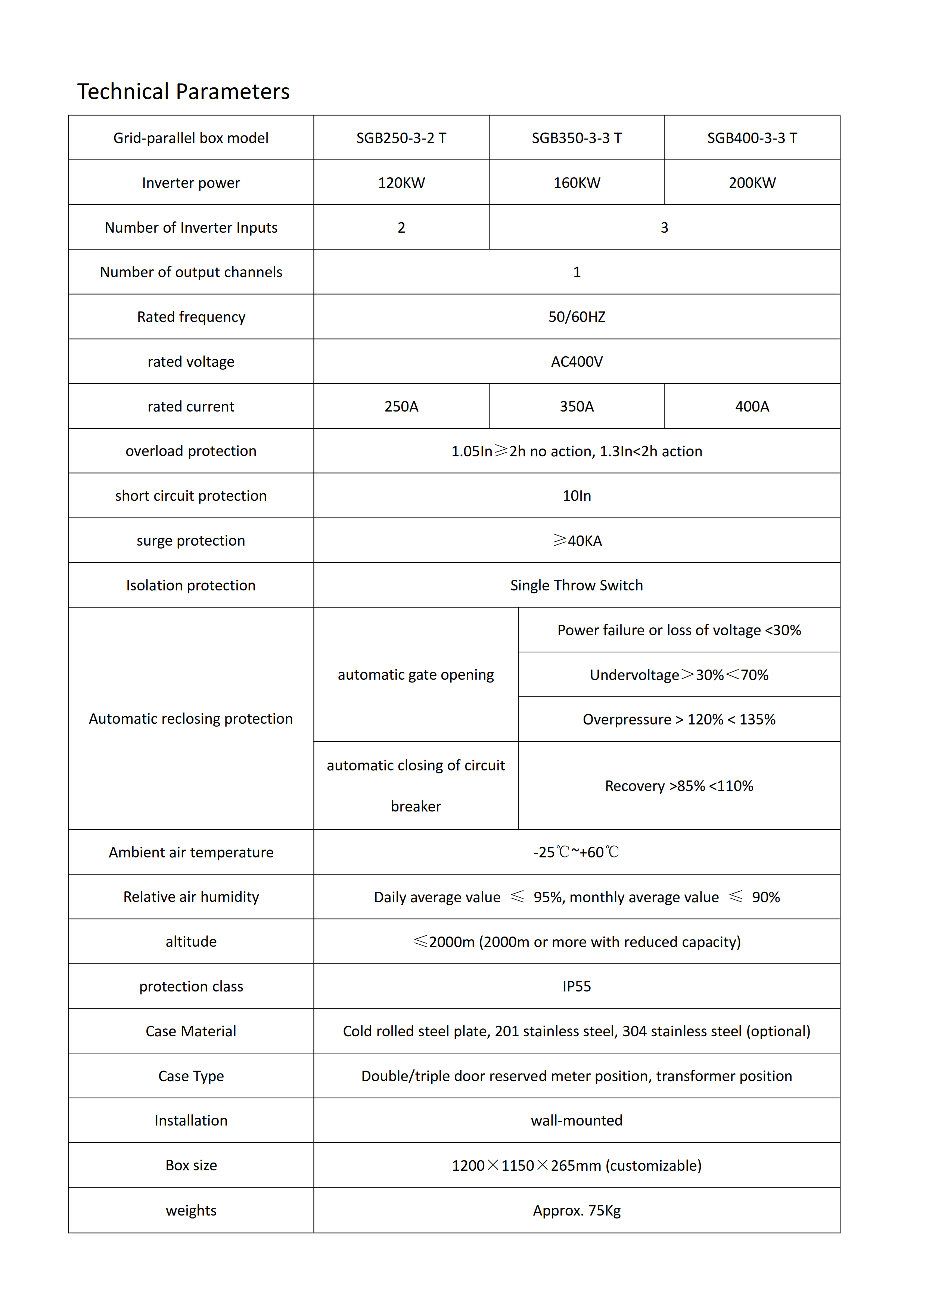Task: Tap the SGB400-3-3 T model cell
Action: point(752,138)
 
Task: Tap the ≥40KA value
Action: point(577,540)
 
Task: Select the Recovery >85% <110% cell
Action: point(679,786)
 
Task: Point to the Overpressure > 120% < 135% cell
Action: point(679,720)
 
